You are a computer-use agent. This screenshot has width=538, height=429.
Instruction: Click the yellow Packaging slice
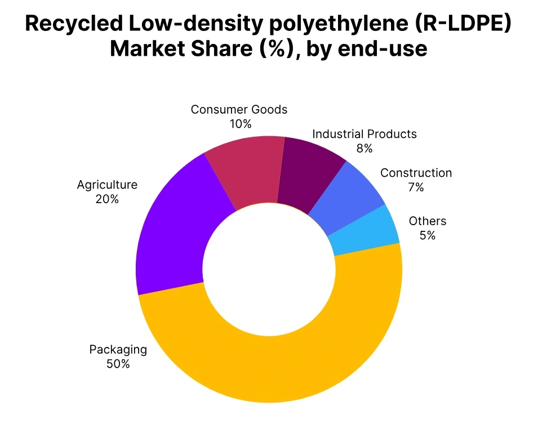(270, 366)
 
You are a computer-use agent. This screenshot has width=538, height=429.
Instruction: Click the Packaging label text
(118, 350)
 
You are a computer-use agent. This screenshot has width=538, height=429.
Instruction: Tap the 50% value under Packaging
(118, 364)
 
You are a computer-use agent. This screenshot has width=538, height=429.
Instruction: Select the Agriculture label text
(107, 185)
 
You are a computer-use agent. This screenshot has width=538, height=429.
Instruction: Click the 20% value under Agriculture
(107, 199)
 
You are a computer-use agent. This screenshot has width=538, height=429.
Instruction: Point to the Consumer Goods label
(239, 109)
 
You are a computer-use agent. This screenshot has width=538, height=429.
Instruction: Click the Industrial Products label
(364, 134)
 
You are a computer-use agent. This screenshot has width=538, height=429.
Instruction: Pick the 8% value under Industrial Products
(364, 148)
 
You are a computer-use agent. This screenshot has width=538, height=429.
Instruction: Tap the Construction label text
(416, 173)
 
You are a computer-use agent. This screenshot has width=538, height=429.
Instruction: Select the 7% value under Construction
(416, 187)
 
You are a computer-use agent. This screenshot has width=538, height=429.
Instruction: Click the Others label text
(428, 221)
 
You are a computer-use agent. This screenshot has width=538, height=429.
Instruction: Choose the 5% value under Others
(428, 235)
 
